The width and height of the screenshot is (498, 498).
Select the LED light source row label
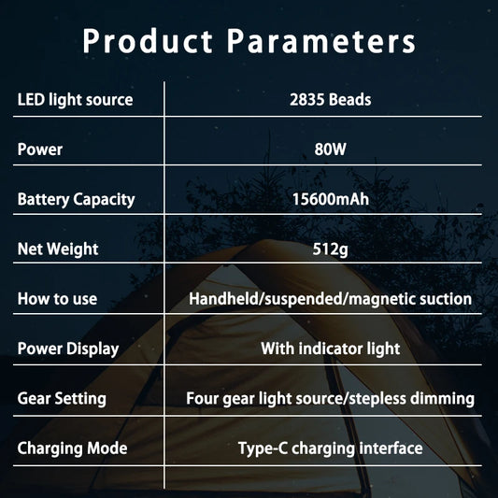[x=75, y=100]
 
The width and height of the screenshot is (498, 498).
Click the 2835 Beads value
[x=330, y=100]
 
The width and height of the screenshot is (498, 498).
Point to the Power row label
[x=40, y=149]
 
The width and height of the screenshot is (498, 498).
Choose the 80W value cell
[x=330, y=149]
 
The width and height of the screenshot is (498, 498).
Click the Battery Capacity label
[x=76, y=199]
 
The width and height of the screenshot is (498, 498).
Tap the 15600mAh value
[x=330, y=199]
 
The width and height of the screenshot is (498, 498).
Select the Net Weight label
[x=57, y=249]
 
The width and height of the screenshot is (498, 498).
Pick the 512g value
[x=330, y=249]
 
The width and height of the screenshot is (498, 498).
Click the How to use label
[x=57, y=299]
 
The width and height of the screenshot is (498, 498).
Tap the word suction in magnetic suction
[x=445, y=299]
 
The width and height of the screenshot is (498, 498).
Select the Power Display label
[x=68, y=349]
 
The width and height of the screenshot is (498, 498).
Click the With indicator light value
[x=330, y=349]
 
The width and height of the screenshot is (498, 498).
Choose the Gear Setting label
[x=62, y=399]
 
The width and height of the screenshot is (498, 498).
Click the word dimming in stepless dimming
[x=442, y=399]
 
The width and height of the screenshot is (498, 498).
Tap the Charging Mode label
[x=72, y=448]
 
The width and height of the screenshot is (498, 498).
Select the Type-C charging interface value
[x=330, y=448]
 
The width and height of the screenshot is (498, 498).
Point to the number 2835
[x=307, y=100]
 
